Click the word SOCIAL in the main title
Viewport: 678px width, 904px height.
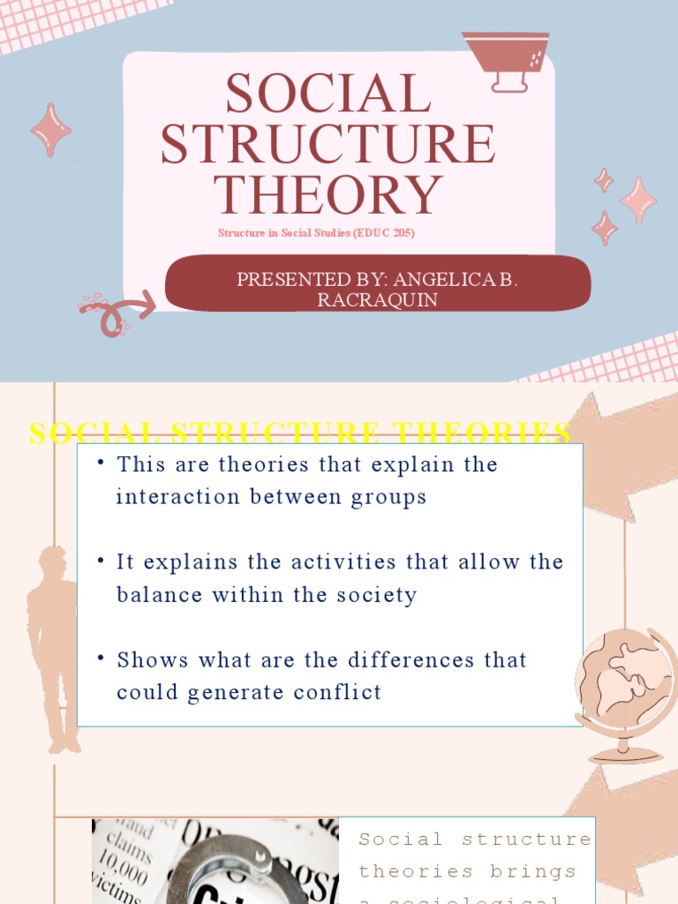point(328,94)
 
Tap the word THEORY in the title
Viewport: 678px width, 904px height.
point(328,194)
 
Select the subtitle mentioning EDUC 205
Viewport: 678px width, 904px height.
point(316,234)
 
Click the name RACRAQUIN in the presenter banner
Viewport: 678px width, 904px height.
point(377,300)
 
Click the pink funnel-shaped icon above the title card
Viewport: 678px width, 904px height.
point(506,60)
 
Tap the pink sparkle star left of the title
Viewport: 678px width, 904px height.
point(51,130)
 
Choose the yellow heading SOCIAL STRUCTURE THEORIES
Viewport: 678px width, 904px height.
point(300,433)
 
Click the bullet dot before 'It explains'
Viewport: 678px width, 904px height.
point(102,560)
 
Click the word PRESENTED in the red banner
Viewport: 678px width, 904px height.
point(282,280)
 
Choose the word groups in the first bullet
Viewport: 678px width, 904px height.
point(389,497)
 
